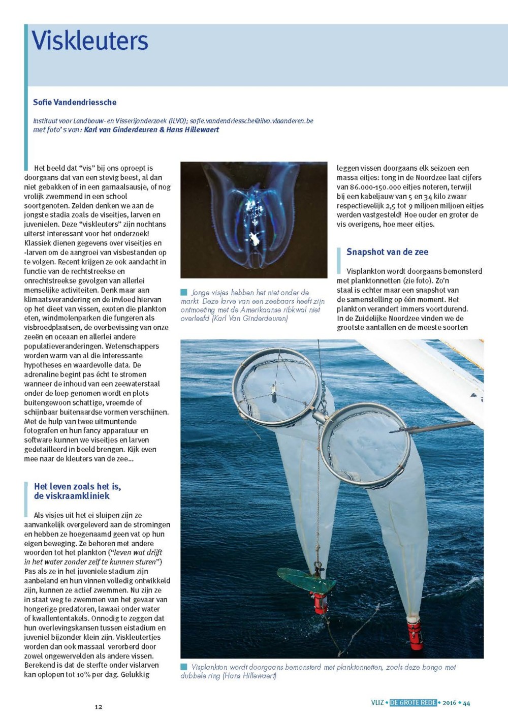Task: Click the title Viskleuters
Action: (90, 41)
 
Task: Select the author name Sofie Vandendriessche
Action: (75, 102)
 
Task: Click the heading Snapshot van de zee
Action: (387, 252)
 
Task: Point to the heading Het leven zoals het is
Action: (77, 486)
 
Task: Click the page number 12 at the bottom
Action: (98, 707)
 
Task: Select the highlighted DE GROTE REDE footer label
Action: (413, 703)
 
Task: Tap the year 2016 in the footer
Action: (449, 703)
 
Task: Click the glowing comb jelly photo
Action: (253, 220)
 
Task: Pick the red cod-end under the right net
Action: (415, 634)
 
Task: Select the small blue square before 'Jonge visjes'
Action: (184, 293)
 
